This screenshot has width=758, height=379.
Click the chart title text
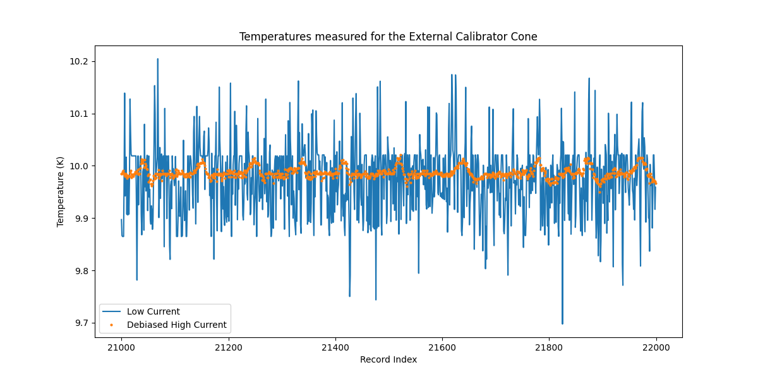pyautogui.click(x=388, y=37)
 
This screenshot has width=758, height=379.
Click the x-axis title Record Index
pyautogui.click(x=388, y=359)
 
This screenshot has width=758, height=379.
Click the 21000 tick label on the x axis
pyautogui.click(x=121, y=347)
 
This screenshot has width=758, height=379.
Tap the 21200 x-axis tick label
pyautogui.click(x=228, y=347)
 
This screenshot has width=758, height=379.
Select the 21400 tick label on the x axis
pyautogui.click(x=335, y=347)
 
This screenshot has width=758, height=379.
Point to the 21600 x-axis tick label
pyautogui.click(x=442, y=347)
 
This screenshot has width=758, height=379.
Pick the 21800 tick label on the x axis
pyautogui.click(x=548, y=347)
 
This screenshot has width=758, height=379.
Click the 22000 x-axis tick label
pyautogui.click(x=656, y=347)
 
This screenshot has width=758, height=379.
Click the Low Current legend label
pyautogui.click(x=153, y=311)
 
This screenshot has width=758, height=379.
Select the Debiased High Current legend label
pyautogui.click(x=176, y=325)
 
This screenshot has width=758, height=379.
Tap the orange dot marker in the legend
pyautogui.click(x=112, y=325)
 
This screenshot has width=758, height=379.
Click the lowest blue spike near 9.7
pyautogui.click(x=562, y=323)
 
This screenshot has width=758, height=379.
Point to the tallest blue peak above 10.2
pyautogui.click(x=157, y=59)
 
